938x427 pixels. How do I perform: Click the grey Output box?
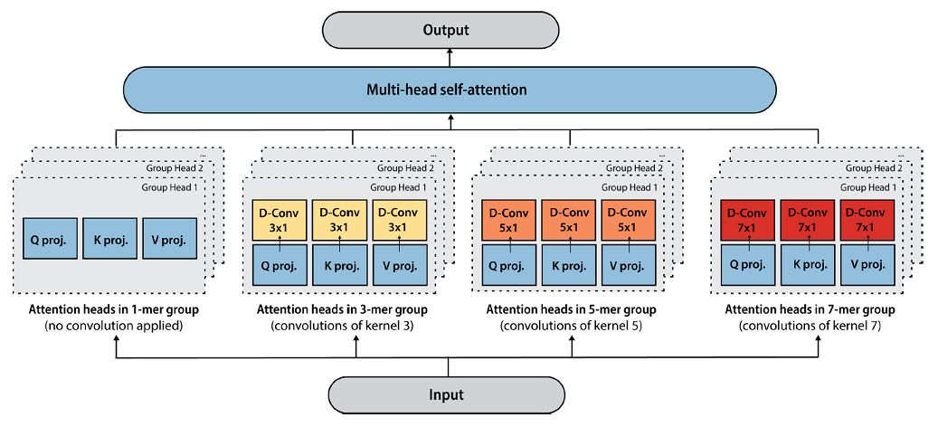point(448,31)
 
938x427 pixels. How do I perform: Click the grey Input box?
point(448,394)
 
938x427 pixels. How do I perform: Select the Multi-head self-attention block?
point(447,90)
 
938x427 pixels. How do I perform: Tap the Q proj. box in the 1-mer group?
point(51,242)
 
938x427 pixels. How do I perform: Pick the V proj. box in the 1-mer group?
point(169,242)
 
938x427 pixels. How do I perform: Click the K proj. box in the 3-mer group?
point(339,266)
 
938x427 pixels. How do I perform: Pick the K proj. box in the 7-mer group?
point(808,266)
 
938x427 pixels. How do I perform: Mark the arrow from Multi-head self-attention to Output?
point(448,58)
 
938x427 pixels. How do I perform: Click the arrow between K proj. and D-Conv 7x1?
point(808,242)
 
